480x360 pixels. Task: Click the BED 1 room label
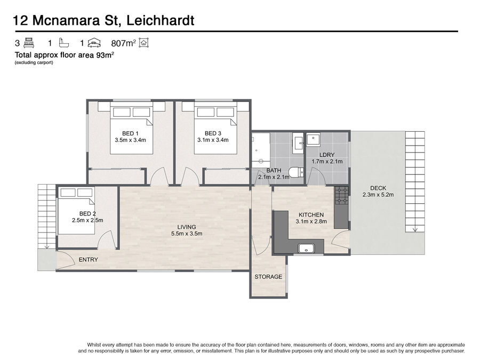(x=130, y=133)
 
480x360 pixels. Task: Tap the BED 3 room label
(x=213, y=133)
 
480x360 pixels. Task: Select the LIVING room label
(x=187, y=227)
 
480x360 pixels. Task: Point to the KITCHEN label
(x=311, y=215)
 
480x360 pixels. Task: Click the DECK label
(x=378, y=188)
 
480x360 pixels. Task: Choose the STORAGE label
(x=268, y=277)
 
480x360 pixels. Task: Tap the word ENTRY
(x=88, y=260)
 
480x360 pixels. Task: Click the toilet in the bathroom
(x=295, y=172)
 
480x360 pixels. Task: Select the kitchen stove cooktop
(x=341, y=195)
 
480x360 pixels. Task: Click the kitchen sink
(x=307, y=249)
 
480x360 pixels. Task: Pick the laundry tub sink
(x=313, y=140)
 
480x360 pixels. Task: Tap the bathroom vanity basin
(x=298, y=143)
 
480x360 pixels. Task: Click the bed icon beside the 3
(x=29, y=43)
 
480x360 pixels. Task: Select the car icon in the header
(x=94, y=43)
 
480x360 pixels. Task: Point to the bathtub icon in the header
(x=64, y=43)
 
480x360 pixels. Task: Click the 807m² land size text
(x=123, y=43)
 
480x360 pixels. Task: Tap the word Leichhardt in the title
(x=160, y=20)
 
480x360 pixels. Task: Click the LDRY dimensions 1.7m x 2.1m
(x=327, y=161)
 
